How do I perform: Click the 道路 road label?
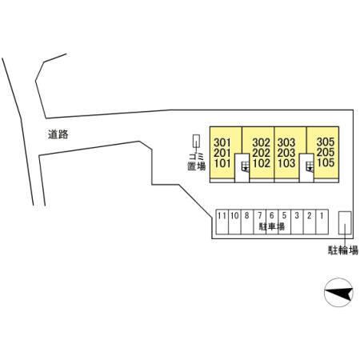coord(58,134)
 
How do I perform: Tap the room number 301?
coord(222,142)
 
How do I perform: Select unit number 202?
coord(262,153)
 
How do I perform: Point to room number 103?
coord(286,163)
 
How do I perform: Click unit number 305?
coord(326,142)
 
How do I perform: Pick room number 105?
coord(326,162)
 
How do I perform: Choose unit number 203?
coord(286,153)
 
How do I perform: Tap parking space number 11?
coord(222,215)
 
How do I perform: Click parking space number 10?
coord(234,215)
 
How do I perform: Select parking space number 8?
coord(246,215)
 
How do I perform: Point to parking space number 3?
coord(297,215)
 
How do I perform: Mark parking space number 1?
coord(322,215)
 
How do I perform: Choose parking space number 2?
coord(310,215)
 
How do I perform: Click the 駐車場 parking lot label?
coord(272,226)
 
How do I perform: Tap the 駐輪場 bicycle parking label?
coord(343,250)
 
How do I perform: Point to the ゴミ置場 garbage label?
coord(197,162)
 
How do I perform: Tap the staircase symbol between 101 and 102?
coord(245,166)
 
